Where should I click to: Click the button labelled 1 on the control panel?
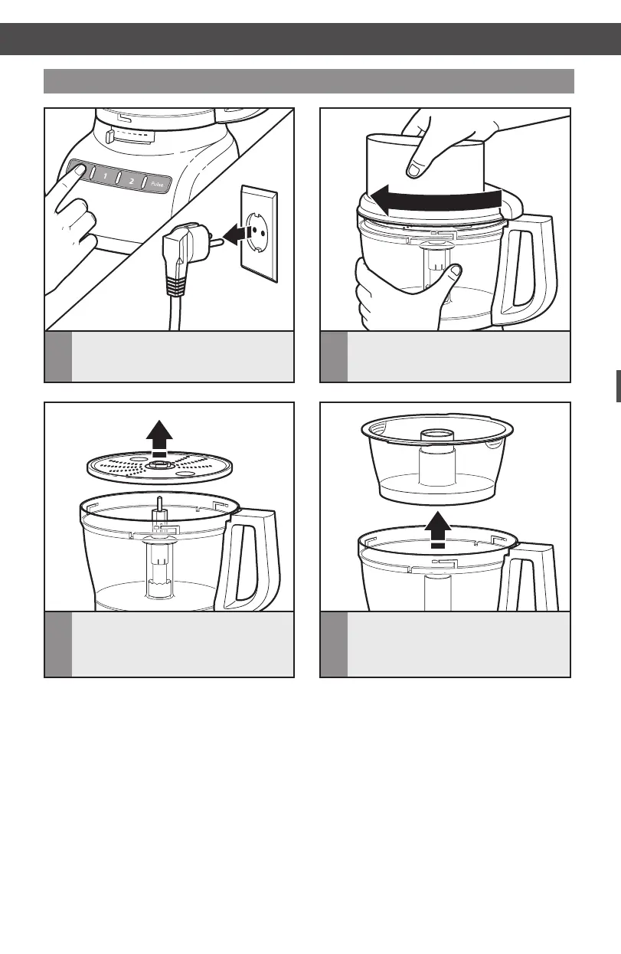[105, 175]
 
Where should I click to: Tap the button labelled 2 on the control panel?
[132, 180]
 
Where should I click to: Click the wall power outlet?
[260, 234]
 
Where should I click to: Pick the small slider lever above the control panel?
[109, 136]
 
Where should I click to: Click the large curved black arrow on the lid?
[436, 200]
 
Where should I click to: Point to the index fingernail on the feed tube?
[413, 171]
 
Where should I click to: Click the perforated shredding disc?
[159, 467]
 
